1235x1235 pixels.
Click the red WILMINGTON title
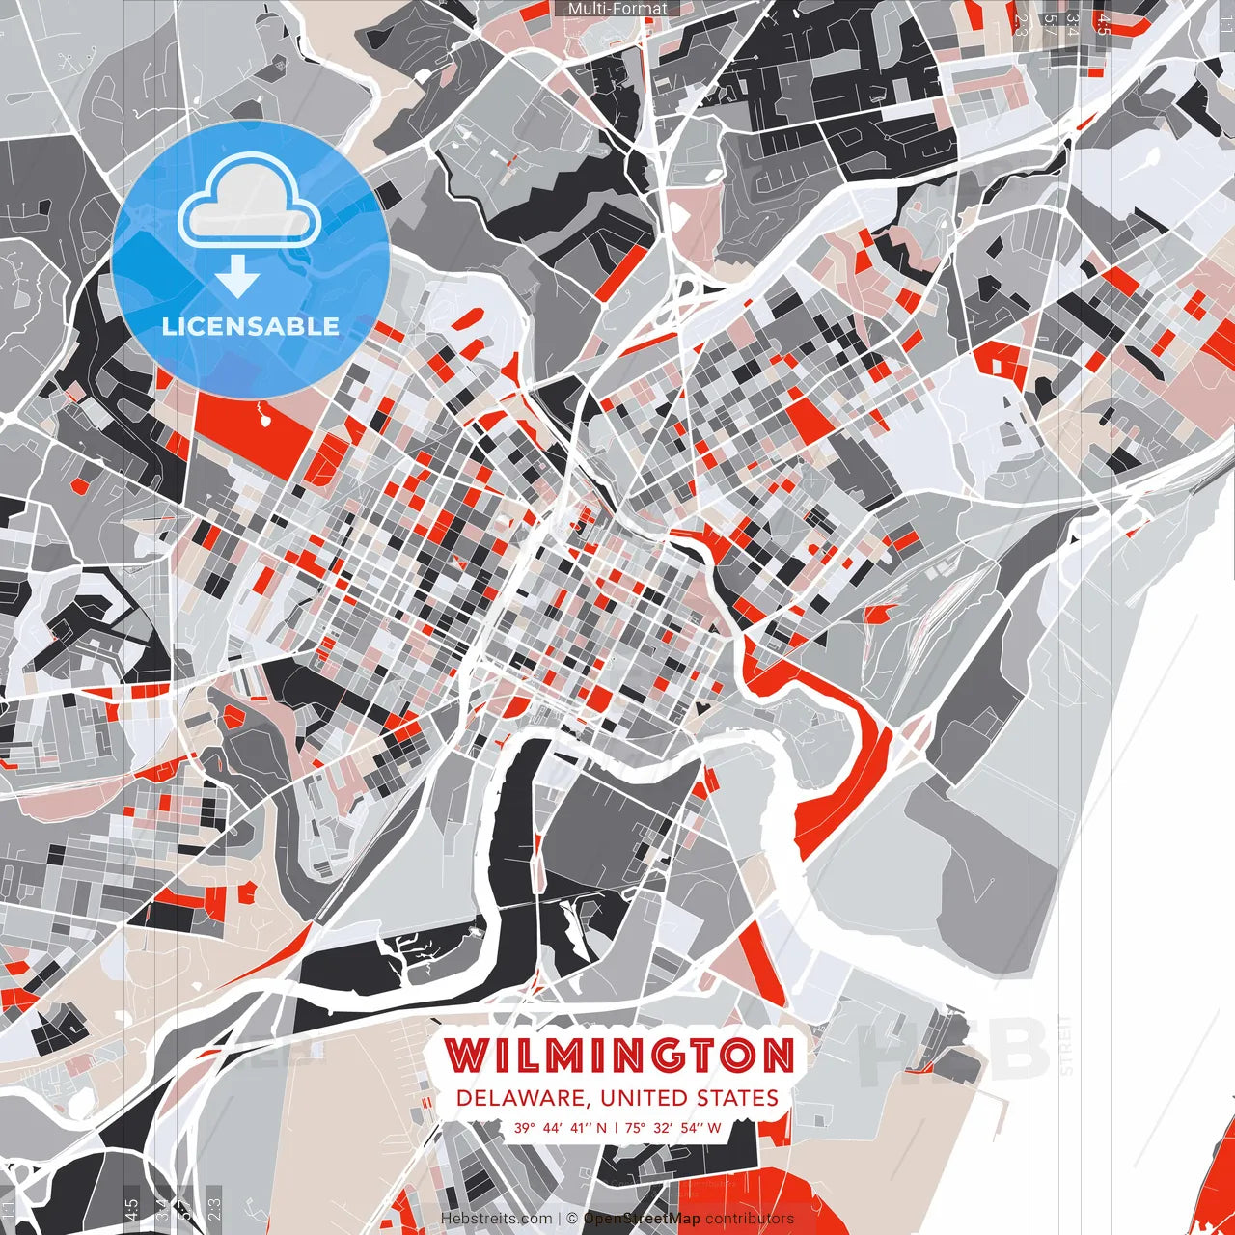(x=618, y=1056)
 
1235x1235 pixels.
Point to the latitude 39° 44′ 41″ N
(x=561, y=1127)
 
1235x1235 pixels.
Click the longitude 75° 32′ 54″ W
(x=673, y=1127)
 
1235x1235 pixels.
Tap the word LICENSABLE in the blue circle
(x=251, y=326)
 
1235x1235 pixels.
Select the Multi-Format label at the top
(x=617, y=9)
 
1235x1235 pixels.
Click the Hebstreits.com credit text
(x=497, y=1219)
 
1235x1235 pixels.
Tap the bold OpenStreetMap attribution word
(x=642, y=1219)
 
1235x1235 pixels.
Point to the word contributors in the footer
(x=750, y=1219)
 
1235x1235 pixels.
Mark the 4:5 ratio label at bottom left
(x=130, y=1209)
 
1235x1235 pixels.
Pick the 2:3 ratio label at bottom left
(x=214, y=1209)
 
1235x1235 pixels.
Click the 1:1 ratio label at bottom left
(x=8, y=1209)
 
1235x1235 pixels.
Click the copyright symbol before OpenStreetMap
(x=572, y=1219)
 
